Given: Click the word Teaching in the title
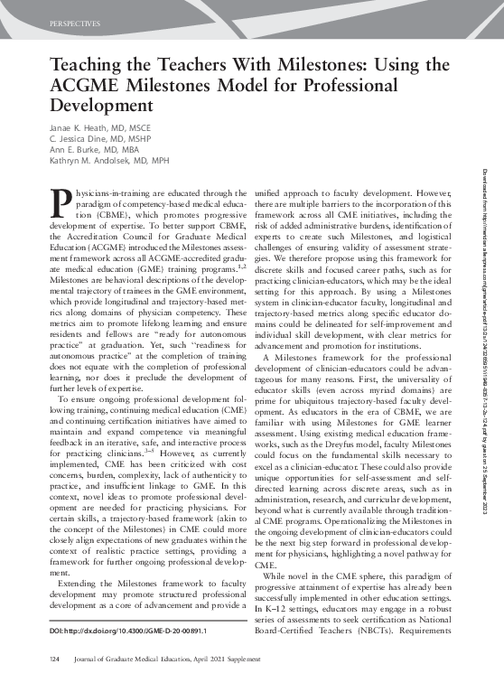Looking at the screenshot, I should [86, 66].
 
